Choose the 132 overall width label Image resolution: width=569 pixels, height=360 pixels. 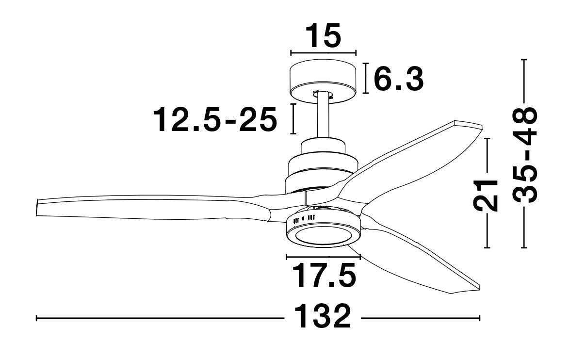pos(322,317)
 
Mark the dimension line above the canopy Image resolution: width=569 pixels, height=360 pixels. pos(323,52)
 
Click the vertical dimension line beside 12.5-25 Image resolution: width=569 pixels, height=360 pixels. pos(293,118)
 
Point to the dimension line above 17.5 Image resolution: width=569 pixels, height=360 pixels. pos(323,256)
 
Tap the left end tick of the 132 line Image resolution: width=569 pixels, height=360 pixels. pos(37,318)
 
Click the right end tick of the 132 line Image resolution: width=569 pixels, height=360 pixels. pos(479,318)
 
